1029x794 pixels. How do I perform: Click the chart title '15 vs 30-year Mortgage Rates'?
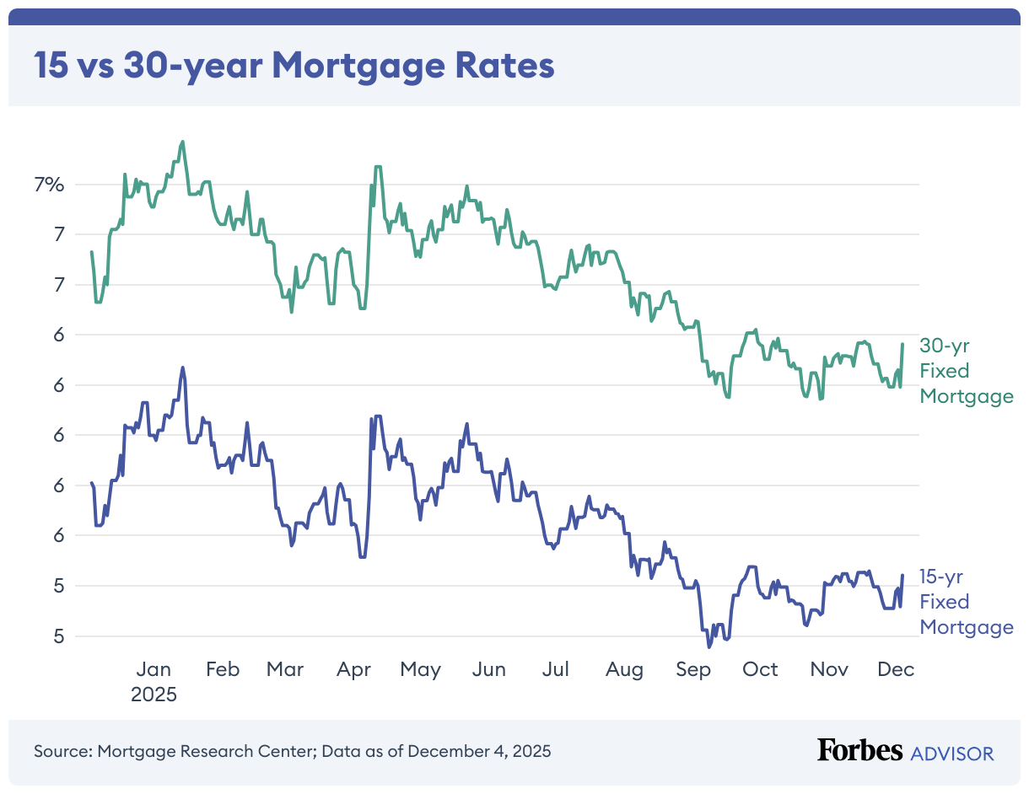(x=294, y=66)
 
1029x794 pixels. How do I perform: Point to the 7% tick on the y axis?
(x=48, y=185)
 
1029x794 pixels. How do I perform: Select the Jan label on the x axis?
(x=154, y=670)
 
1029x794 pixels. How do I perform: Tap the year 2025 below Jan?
(x=154, y=695)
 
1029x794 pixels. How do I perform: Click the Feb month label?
(x=223, y=670)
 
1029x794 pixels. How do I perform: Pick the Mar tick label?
(x=285, y=670)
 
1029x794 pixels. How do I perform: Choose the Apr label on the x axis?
(x=353, y=670)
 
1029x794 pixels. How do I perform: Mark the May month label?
(x=420, y=670)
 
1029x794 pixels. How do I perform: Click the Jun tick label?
(x=488, y=670)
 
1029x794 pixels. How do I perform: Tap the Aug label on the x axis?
(x=625, y=670)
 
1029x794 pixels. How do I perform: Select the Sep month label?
(x=693, y=670)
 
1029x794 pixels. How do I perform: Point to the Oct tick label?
(x=760, y=670)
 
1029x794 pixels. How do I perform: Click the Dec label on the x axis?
(x=896, y=670)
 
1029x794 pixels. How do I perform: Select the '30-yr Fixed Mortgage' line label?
(x=966, y=371)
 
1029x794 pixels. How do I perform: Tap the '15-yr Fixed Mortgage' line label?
(x=966, y=602)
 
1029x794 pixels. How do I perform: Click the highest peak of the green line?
(x=182, y=142)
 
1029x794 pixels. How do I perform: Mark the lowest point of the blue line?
(x=709, y=646)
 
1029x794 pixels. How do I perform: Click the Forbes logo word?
(x=859, y=750)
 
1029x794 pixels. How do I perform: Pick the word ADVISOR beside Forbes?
(x=952, y=753)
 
